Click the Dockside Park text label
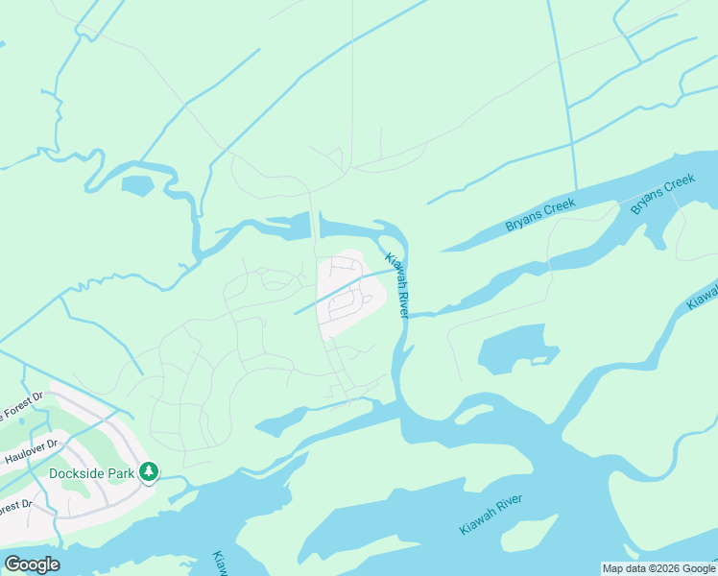[92, 472]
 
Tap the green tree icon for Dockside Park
[149, 472]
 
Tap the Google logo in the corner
[32, 564]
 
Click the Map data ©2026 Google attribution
[658, 568]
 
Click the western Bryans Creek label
[540, 215]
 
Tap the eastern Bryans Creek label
[662, 194]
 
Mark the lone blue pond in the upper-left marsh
[137, 185]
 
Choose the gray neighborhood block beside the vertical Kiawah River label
[349, 294]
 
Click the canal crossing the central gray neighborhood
[341, 290]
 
